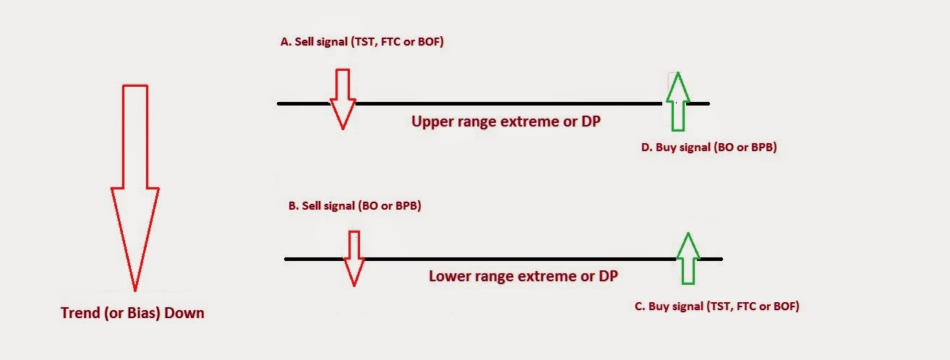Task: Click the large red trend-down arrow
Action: coord(135,188)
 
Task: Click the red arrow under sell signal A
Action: coord(343,98)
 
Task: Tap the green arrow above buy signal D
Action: coord(677,101)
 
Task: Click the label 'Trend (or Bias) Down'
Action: coord(132,313)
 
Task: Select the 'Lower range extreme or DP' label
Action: coord(523,276)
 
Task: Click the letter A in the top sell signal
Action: coord(284,43)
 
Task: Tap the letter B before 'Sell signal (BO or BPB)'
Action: coord(292,206)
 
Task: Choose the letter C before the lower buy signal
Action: coord(638,307)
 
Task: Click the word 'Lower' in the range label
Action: coord(449,276)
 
